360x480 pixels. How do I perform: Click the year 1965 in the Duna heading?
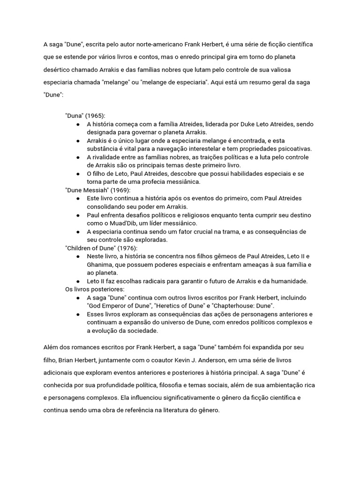click(x=95, y=116)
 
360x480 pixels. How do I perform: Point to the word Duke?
click(x=248, y=124)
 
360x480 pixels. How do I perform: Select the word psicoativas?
click(x=291, y=149)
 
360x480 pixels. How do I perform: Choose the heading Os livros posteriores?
click(x=95, y=289)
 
